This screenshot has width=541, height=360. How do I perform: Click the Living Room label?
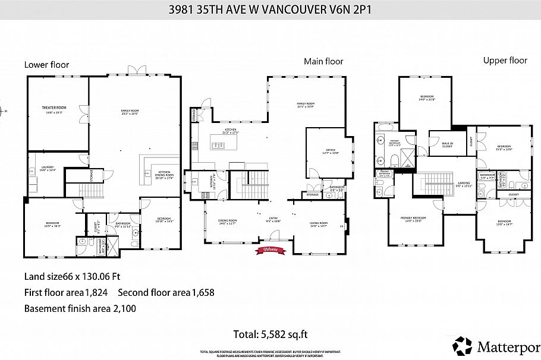point(319,224)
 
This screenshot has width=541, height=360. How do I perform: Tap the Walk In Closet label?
point(446,144)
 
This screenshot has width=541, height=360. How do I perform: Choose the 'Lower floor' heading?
point(46,65)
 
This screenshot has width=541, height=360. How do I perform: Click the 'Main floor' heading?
point(323,61)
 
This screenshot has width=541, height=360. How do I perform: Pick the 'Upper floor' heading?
point(505,60)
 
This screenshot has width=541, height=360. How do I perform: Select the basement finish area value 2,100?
point(126,308)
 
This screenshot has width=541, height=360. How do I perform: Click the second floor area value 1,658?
point(202,292)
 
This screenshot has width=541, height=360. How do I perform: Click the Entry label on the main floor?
point(273,219)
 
